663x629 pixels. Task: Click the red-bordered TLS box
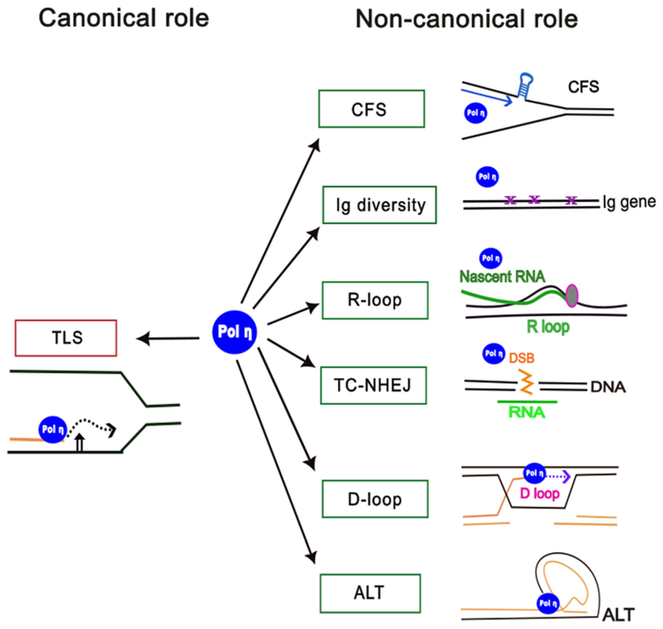(66, 338)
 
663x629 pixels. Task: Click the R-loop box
(375, 300)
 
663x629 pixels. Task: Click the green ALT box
(370, 593)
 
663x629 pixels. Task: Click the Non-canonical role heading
(466, 19)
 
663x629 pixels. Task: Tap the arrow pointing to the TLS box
(168, 339)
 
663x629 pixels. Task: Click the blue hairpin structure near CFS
(525, 85)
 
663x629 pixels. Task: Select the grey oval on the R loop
(572, 295)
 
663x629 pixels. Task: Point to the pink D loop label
(540, 493)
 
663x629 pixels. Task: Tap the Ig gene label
(629, 202)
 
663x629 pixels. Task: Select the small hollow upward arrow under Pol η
(79, 443)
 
